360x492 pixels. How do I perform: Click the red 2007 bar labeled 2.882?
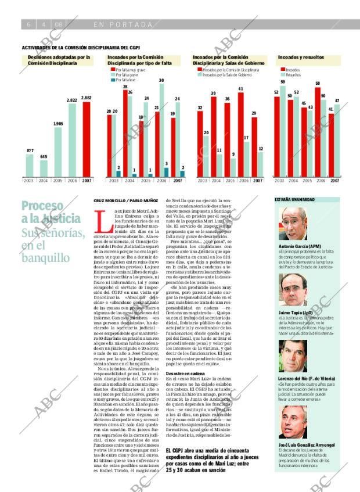87,139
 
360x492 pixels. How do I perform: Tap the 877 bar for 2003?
30,165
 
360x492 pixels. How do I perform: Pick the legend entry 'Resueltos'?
293,75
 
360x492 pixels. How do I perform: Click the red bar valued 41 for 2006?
240,134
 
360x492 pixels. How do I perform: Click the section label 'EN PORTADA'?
122,24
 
